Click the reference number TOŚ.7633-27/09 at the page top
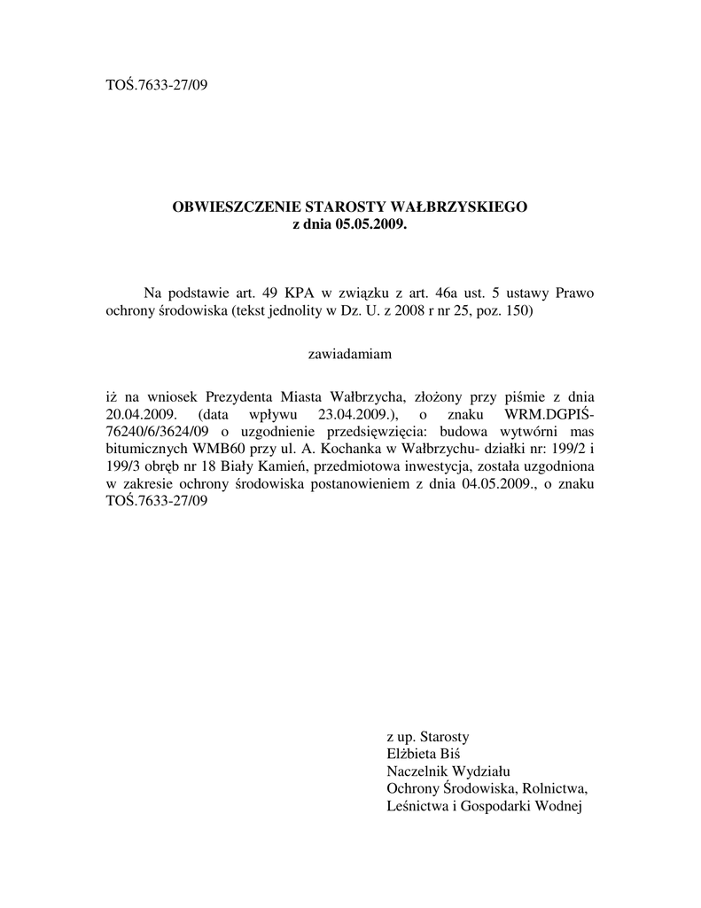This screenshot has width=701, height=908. click(156, 85)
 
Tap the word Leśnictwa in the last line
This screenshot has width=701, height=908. click(418, 806)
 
